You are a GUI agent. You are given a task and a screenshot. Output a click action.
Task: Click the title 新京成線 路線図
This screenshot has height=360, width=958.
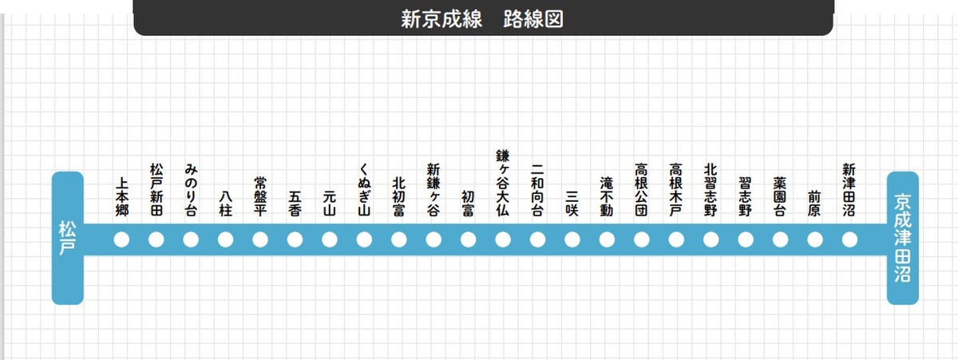pyautogui.click(x=482, y=19)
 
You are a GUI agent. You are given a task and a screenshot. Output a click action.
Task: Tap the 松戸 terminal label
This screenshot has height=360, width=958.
pyautogui.click(x=67, y=238)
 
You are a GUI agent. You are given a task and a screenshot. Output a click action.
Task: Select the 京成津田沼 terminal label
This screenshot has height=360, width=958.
pyautogui.click(x=902, y=238)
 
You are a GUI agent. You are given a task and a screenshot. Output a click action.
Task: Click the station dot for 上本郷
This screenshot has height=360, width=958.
pyautogui.click(x=121, y=239)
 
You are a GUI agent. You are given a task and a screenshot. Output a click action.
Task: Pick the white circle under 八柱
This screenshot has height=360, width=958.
pyautogui.click(x=225, y=239)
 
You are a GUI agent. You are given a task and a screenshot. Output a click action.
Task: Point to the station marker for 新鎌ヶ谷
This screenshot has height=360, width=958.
pyautogui.click(x=433, y=239)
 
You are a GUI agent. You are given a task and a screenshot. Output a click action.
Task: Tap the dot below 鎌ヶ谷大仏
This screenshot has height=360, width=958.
pyautogui.click(x=503, y=239)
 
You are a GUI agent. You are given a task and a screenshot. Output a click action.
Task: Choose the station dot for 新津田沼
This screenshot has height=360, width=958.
pyautogui.click(x=849, y=239)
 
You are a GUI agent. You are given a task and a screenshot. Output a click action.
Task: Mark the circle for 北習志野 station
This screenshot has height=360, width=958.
pyautogui.click(x=711, y=239)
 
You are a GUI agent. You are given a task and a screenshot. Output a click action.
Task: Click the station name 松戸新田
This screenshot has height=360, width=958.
pyautogui.click(x=156, y=191)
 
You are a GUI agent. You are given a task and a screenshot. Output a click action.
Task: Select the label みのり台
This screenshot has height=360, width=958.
pyautogui.click(x=191, y=191)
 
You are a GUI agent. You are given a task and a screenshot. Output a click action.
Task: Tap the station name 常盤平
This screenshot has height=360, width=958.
pyautogui.click(x=260, y=196)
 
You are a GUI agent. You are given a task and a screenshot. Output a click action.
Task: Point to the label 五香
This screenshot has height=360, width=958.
pyautogui.click(x=295, y=203)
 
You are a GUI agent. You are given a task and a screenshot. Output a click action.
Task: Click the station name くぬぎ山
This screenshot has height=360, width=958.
pyautogui.click(x=364, y=191)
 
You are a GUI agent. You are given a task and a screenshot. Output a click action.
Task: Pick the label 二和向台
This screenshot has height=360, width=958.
pyautogui.click(x=537, y=191)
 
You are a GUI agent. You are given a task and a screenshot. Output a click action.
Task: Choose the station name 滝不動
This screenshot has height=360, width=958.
pyautogui.click(x=607, y=196)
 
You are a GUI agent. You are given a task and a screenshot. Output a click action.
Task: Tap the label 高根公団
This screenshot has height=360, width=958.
pyautogui.click(x=641, y=191)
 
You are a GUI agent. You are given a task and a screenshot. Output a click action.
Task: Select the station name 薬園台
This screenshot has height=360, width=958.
pyautogui.click(x=780, y=196)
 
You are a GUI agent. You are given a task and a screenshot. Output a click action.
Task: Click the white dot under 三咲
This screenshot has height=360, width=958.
pyautogui.click(x=572, y=239)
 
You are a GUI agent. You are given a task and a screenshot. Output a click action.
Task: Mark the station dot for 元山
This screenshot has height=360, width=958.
pyautogui.click(x=330, y=239)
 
